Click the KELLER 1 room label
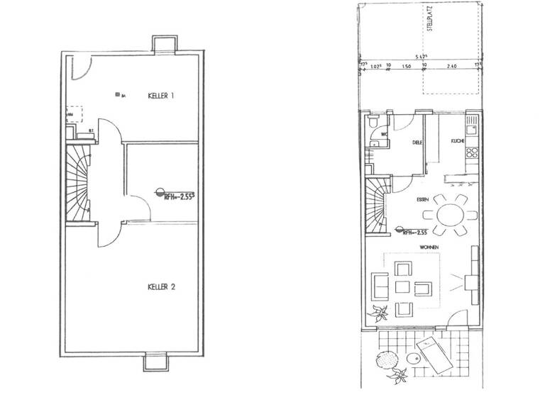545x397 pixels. click(x=161, y=95)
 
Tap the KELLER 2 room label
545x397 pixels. click(x=161, y=286)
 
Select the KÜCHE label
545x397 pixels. click(x=457, y=142)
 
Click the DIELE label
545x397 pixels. click(x=417, y=142)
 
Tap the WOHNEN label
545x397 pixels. click(x=429, y=247)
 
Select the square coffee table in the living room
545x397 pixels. click(x=403, y=287)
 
